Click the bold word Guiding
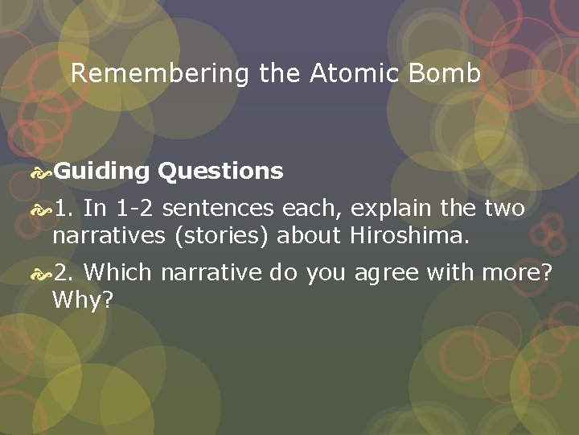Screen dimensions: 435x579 103,171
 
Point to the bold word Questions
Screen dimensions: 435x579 220,171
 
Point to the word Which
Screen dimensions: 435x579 117,273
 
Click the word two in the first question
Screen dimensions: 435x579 504,209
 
